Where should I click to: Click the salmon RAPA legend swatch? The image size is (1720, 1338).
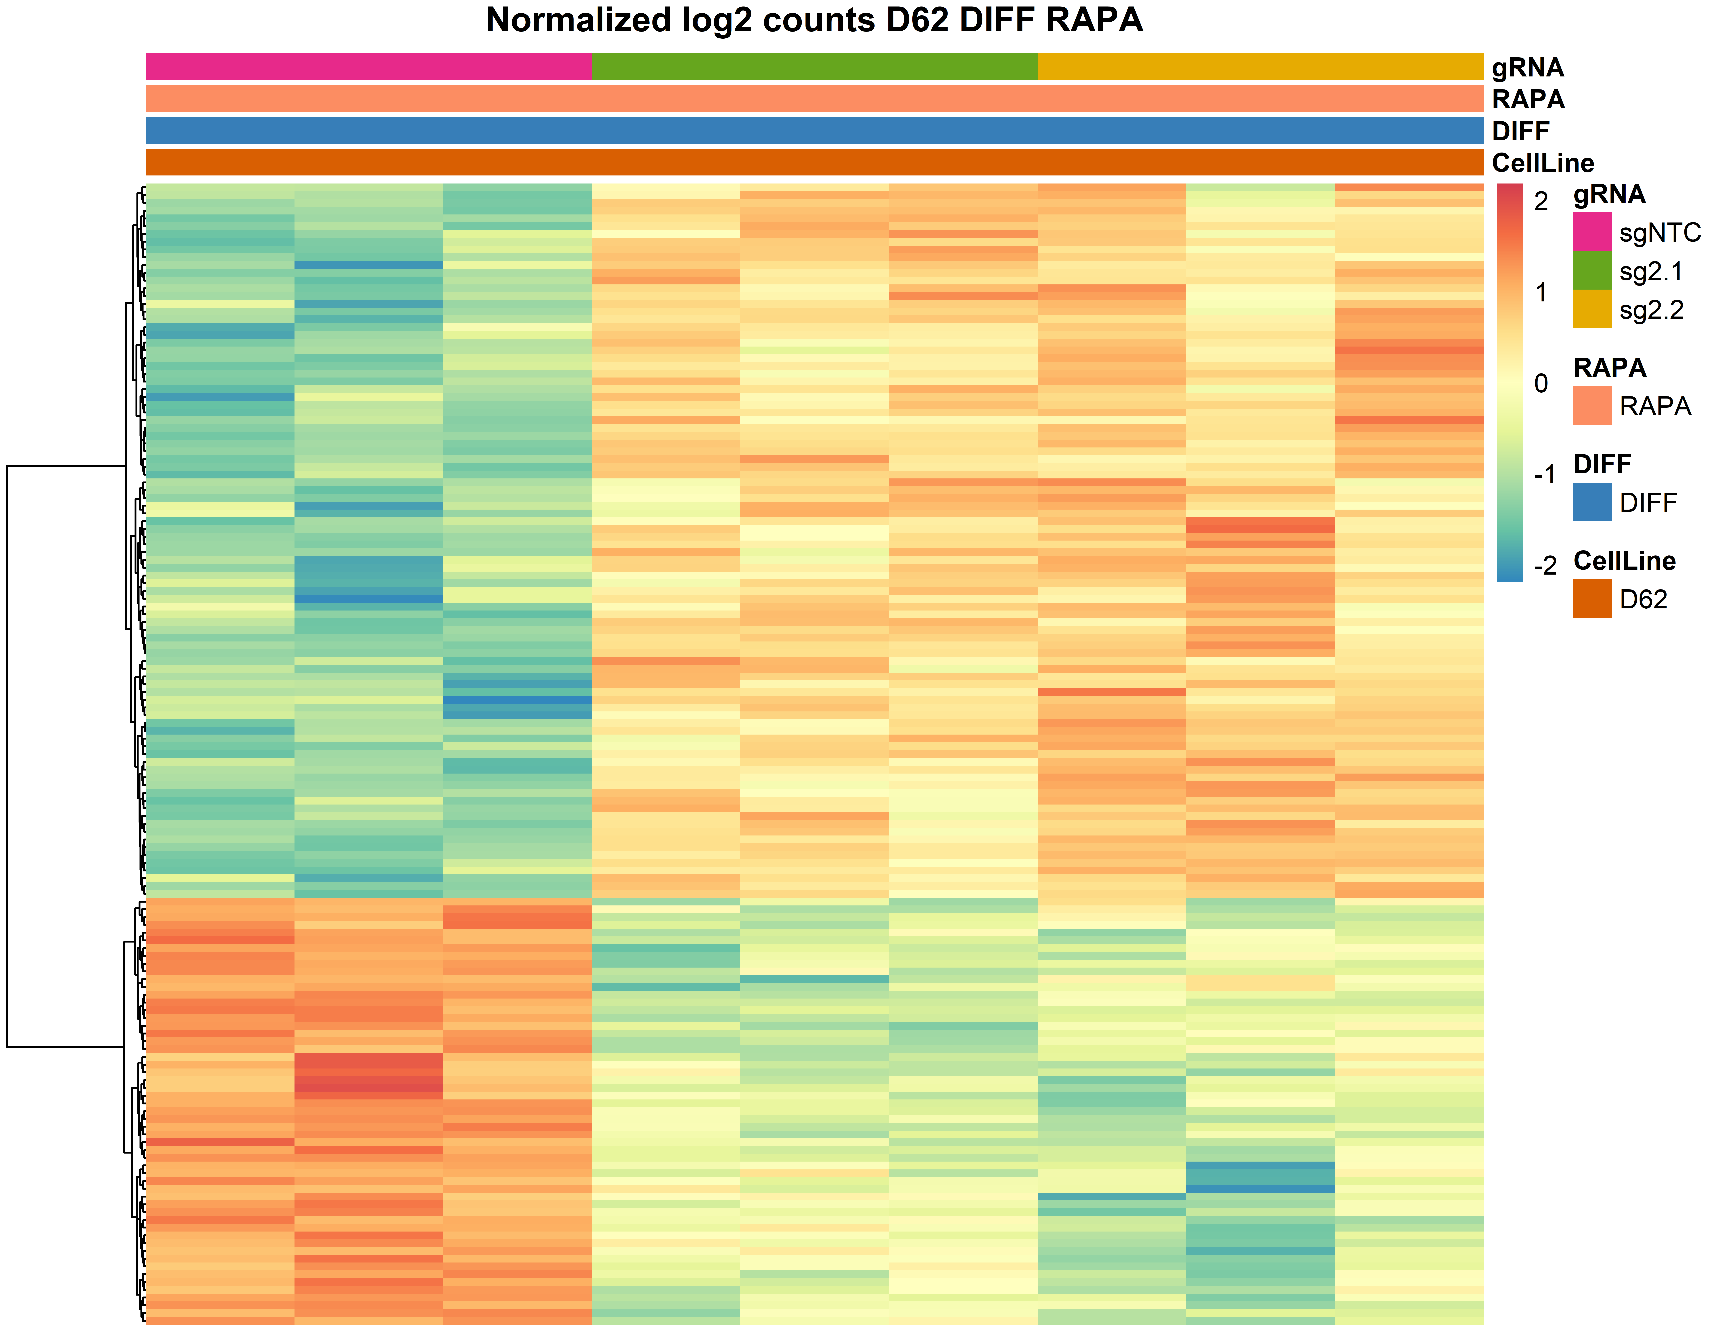tap(1592, 406)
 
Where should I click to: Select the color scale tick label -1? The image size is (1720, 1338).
tap(1544, 475)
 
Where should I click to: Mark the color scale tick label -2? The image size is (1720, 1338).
tap(1544, 565)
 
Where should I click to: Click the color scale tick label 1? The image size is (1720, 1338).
tap(1541, 293)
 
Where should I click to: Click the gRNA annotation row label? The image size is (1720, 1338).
tap(1527, 68)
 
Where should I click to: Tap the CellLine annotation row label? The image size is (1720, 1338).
tap(1542, 163)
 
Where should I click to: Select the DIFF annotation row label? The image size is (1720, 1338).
tap(1520, 131)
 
